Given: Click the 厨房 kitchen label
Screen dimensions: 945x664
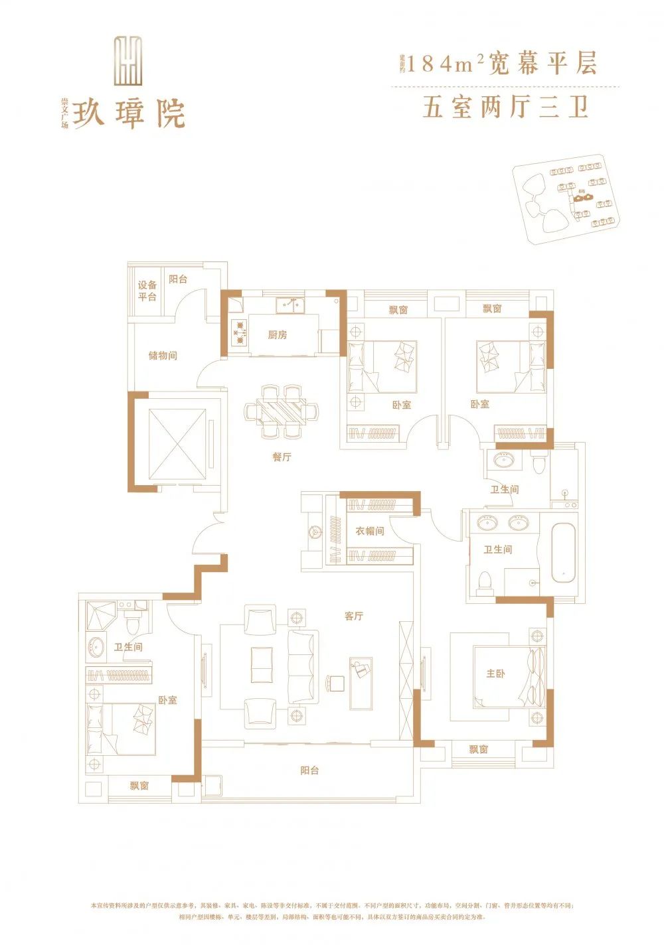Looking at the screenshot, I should (278, 335).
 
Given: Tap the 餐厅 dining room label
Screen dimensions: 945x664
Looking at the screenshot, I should (282, 457).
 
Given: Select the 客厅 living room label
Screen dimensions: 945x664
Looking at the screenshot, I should (354, 617).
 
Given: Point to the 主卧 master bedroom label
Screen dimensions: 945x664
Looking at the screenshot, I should (495, 674).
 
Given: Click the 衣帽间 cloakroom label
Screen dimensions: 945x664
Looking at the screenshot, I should (369, 532).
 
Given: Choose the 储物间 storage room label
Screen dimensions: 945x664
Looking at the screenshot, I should (163, 356).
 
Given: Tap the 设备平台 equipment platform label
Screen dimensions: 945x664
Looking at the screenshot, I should (147, 291).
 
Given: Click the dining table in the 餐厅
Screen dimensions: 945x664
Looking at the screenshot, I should (281, 411).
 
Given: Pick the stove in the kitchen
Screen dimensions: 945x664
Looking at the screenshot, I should (238, 330).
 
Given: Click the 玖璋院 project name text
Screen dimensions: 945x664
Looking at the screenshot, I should (129, 113).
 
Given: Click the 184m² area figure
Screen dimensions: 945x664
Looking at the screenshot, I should (444, 64).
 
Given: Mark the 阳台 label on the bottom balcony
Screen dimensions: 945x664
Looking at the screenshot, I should (309, 770).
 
